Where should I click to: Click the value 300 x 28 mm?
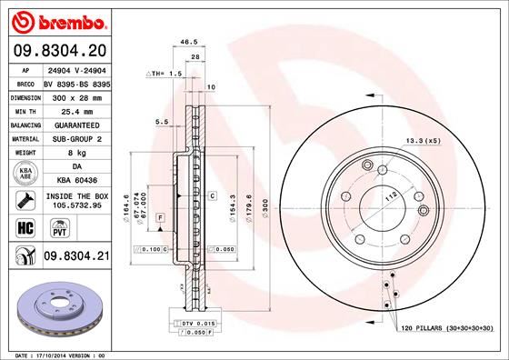(76, 95)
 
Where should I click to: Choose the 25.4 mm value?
(76, 108)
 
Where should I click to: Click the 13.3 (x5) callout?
(424, 140)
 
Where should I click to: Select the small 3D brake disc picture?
(57, 306)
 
